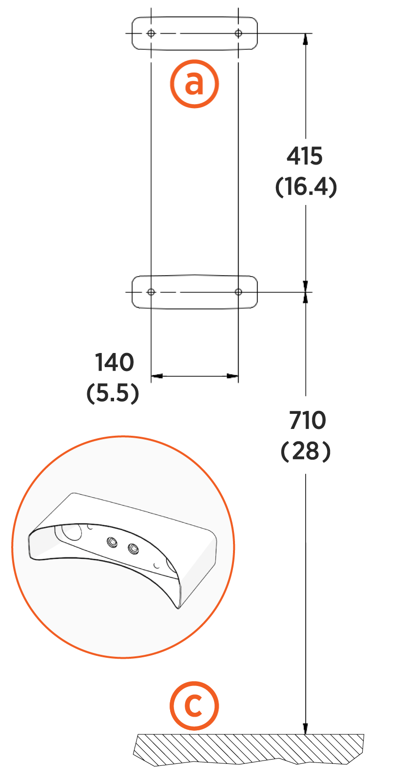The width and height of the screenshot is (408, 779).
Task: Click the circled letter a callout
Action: click(x=194, y=84)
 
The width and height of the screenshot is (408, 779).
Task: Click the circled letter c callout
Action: click(x=194, y=705)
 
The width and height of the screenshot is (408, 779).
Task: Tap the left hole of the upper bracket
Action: click(x=151, y=34)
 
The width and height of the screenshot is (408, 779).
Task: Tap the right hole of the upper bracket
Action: click(x=238, y=34)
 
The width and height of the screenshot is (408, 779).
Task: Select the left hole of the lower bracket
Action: click(x=151, y=292)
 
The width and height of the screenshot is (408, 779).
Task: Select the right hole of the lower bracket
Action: click(x=238, y=292)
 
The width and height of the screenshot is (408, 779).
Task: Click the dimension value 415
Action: click(x=305, y=156)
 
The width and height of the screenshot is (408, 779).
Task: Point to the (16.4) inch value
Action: click(x=306, y=187)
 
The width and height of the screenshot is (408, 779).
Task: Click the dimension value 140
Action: click(x=115, y=362)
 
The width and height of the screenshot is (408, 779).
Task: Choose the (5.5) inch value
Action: click(x=113, y=393)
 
